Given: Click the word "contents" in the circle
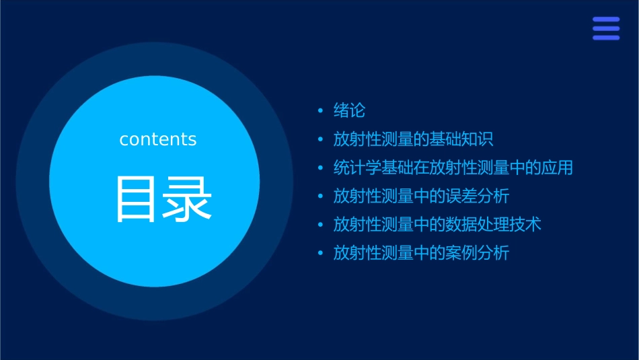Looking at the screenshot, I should (x=158, y=139).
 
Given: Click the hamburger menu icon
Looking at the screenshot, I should (x=606, y=28).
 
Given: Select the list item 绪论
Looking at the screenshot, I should (x=349, y=110).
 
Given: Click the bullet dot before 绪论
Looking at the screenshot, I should (x=321, y=111).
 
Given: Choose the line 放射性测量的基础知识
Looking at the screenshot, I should (x=413, y=139).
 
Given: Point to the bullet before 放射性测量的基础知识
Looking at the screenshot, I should (x=321, y=140).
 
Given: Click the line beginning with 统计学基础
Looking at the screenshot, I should (x=453, y=168).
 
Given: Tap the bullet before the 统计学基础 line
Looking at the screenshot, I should (x=321, y=168).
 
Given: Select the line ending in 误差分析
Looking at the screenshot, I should (x=421, y=196).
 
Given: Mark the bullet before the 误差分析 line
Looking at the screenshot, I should (x=321, y=196).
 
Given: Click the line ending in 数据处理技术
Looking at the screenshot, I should (x=437, y=224).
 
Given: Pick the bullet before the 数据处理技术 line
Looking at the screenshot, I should (x=321, y=225).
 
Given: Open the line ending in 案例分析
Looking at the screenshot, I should (x=421, y=253).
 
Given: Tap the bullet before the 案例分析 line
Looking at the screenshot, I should (x=321, y=254).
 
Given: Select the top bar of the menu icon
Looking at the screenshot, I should (x=606, y=19).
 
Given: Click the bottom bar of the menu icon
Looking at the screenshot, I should (x=606, y=38).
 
